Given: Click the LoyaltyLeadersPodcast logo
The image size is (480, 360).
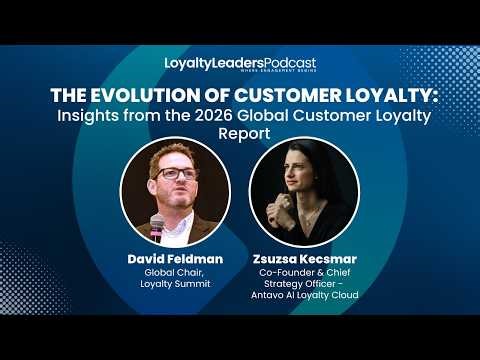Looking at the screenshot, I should (239, 63).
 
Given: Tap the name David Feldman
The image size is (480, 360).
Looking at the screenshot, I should (174, 257).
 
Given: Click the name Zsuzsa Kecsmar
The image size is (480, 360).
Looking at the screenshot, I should (305, 257).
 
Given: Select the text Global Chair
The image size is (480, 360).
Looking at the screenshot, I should (174, 271).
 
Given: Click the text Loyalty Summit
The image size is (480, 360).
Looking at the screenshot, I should (174, 284).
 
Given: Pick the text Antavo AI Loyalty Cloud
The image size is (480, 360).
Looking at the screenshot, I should (305, 297).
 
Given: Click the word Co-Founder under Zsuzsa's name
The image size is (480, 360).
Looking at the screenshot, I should (279, 271).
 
